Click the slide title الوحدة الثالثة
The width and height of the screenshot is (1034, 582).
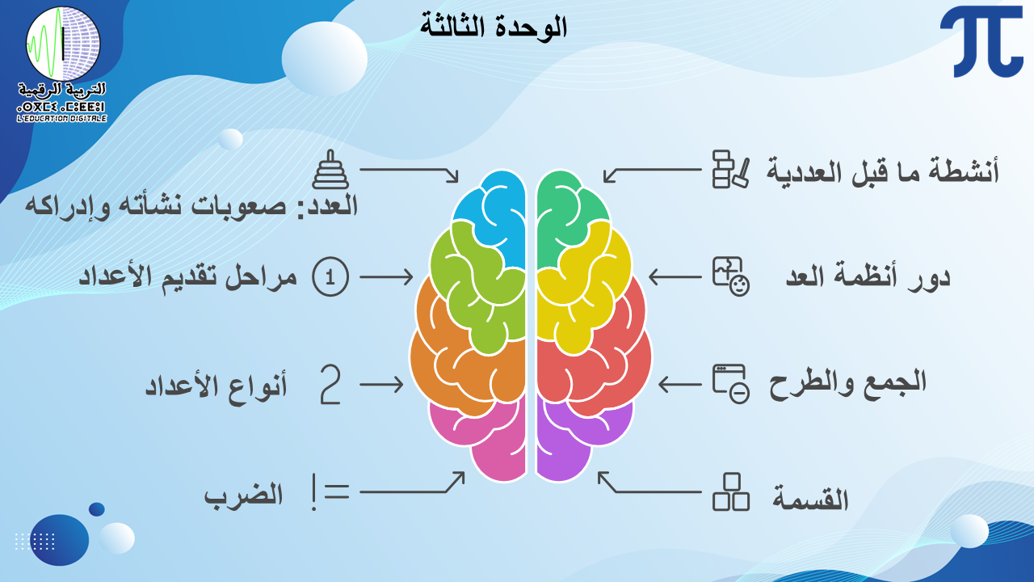pos(494,27)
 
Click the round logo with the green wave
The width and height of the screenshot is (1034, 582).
pos(63,44)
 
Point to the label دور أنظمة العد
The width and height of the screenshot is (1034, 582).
pos(868,276)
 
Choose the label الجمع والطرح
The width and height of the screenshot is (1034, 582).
pos(847,384)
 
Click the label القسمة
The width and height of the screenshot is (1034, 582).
pos(810,498)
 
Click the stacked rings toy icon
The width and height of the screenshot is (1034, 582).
pos(330,170)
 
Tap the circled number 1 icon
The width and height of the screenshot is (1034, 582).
pos(330,276)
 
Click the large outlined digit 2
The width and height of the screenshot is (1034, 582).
pos(330,384)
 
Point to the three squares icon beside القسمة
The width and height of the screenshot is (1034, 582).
pos(731,492)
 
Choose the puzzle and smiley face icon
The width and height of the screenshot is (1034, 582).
pos(731,276)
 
